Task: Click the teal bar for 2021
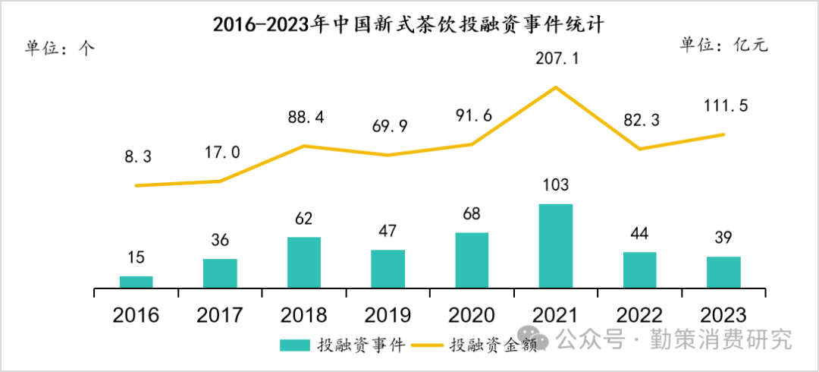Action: [x=556, y=246]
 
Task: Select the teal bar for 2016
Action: [x=136, y=282]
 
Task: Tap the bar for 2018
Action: [x=304, y=263]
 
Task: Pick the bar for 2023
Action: [x=723, y=273]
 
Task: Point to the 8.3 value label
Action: [x=139, y=156]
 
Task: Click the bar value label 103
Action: [x=556, y=185]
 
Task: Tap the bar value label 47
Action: [x=388, y=231]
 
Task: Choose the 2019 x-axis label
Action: [x=388, y=315]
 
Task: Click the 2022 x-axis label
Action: [x=639, y=315]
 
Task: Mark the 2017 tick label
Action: [x=220, y=315]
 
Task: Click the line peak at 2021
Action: [x=556, y=87]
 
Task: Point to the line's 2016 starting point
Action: [x=136, y=185]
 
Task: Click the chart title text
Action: [x=409, y=24]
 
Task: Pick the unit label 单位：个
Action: [x=60, y=48]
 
